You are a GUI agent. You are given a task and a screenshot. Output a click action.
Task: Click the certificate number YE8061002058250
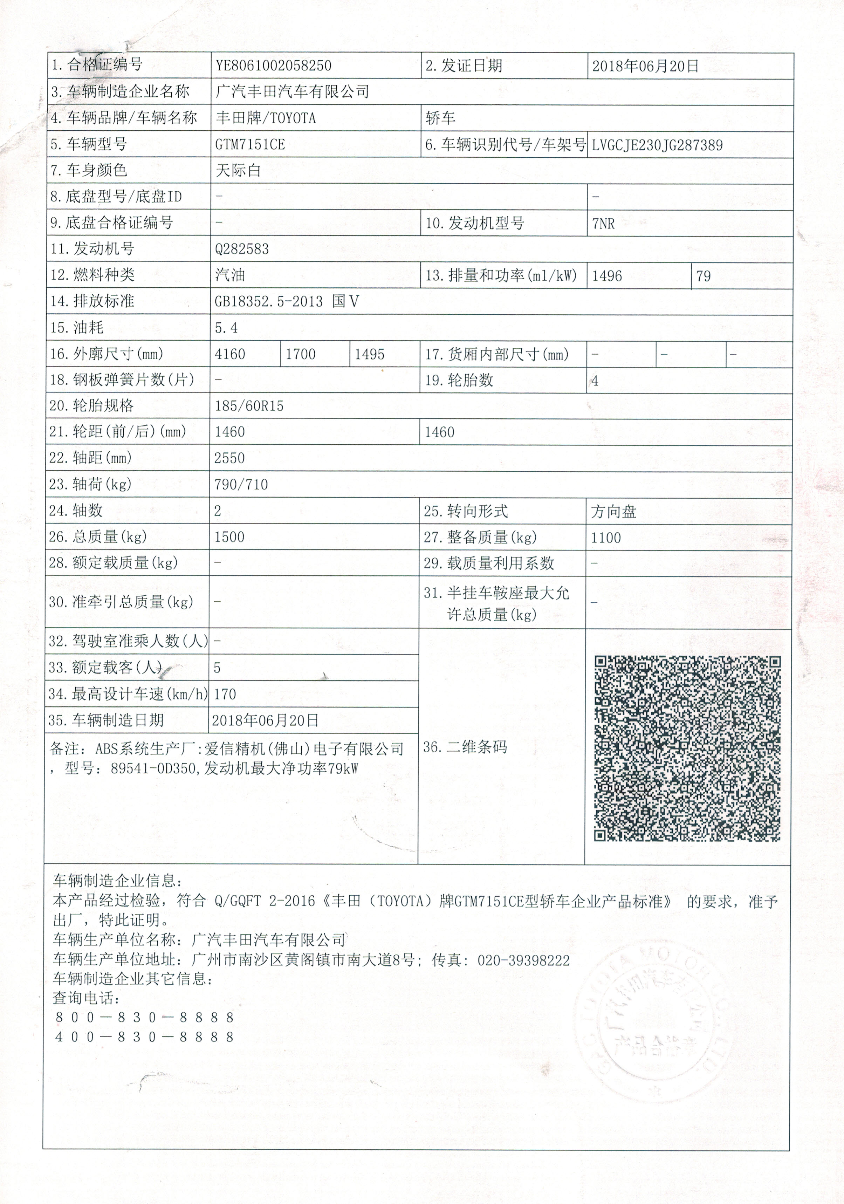click(x=273, y=66)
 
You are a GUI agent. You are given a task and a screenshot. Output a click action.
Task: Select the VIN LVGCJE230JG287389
click(x=657, y=145)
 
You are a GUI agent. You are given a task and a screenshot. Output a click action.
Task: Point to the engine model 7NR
click(x=603, y=224)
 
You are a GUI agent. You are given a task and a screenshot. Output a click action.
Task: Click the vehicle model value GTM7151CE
click(x=250, y=144)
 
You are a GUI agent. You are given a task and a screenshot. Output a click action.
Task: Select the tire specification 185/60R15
click(x=249, y=406)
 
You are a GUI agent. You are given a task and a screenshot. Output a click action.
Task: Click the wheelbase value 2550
click(x=229, y=458)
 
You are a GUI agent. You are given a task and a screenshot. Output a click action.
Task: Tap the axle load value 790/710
click(x=241, y=484)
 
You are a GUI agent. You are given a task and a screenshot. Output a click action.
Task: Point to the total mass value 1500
click(x=229, y=537)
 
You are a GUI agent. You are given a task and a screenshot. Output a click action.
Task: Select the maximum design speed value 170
click(x=225, y=694)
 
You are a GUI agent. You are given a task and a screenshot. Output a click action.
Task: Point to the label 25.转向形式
click(x=466, y=511)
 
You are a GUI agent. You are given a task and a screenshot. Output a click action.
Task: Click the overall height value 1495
click(x=370, y=354)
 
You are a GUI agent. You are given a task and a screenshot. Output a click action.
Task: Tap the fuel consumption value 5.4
click(x=226, y=328)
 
